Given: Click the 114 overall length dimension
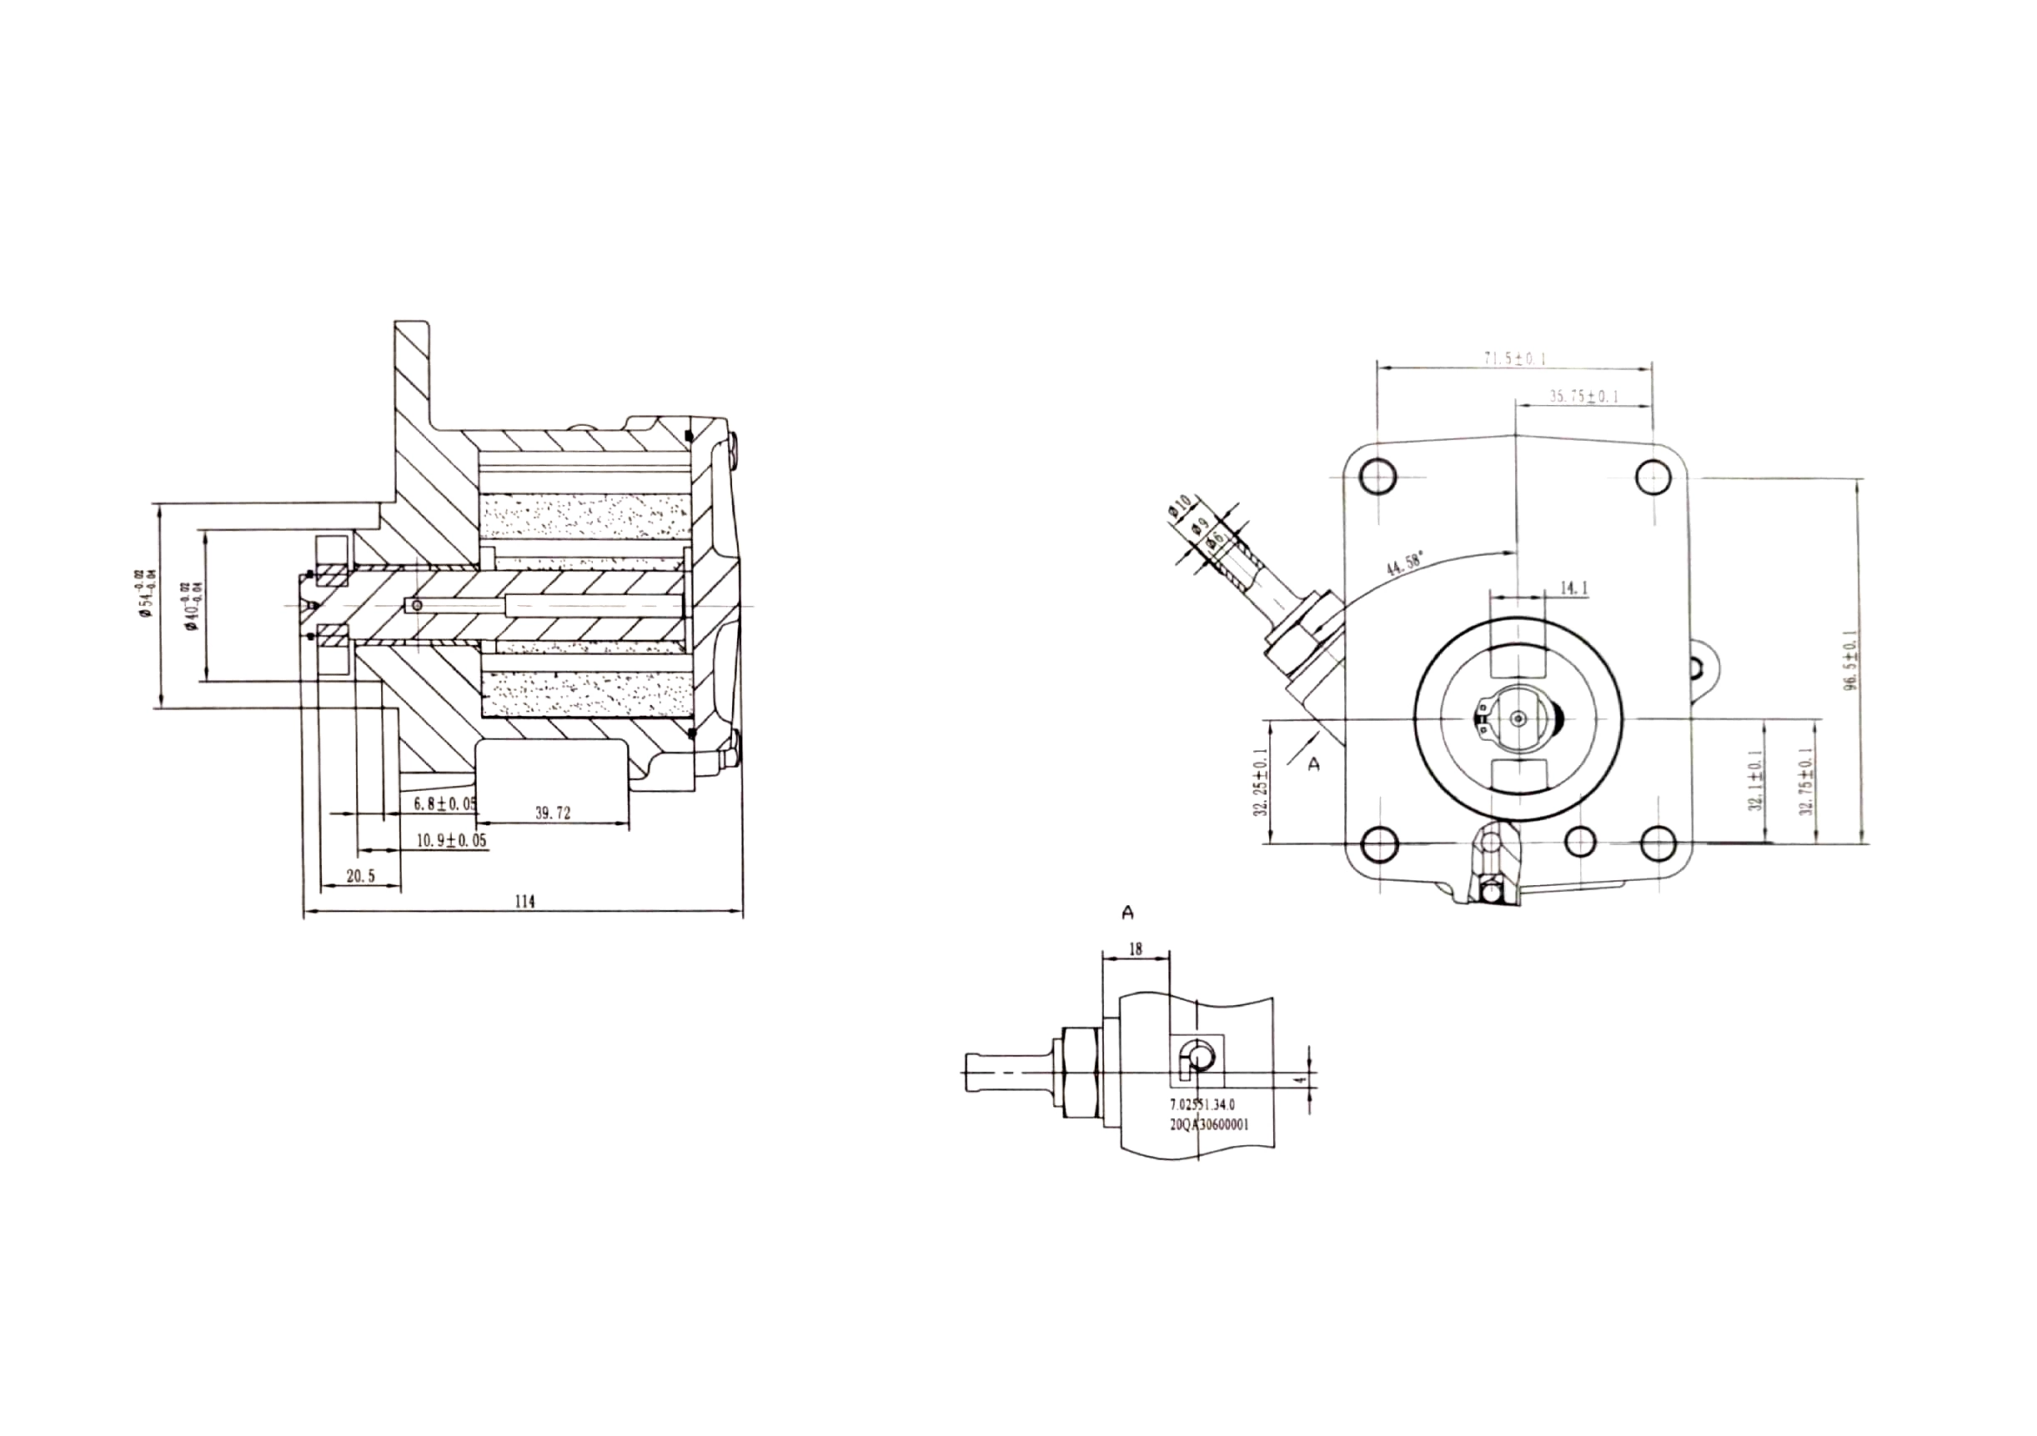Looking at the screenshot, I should pos(524,901).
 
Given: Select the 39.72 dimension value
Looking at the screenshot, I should pos(552,813).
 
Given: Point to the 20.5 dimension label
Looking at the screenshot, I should pos(360,876).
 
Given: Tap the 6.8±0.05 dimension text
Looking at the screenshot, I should pos(445,804).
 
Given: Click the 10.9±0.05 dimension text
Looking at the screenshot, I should pos(452,840).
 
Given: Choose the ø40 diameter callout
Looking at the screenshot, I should pos(191,606).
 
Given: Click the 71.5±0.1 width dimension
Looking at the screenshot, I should pos(1514,359).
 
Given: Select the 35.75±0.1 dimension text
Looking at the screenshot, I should pos(1583,397).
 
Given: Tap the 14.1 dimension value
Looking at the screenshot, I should pos(1573,588).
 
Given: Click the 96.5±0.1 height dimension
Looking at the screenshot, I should pos(1849,659).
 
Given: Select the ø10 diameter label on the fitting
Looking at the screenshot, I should pos(1179,508).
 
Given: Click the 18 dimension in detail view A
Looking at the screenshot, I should pos(1135,949).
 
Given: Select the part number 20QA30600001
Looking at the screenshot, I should pos(1209,1123).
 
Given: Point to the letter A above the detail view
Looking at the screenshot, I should pos(1127,912).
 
